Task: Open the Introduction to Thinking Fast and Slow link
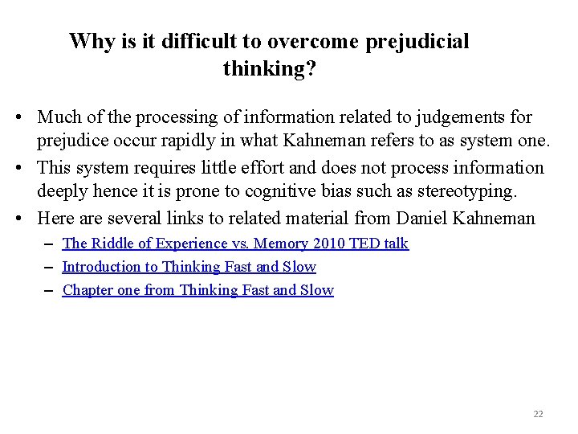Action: click(189, 267)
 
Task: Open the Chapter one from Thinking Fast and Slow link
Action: click(197, 290)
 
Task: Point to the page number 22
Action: click(538, 414)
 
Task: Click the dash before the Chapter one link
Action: click(51, 290)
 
